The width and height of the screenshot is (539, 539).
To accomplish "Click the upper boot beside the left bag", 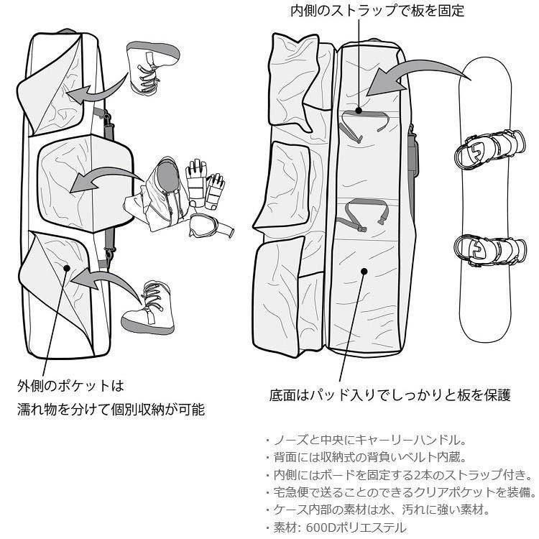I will click(152, 65).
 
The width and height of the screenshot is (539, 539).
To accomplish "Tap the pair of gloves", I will click(205, 181).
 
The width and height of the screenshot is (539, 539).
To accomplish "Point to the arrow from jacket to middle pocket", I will click(108, 178).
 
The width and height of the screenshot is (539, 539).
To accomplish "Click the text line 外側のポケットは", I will click(71, 386).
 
